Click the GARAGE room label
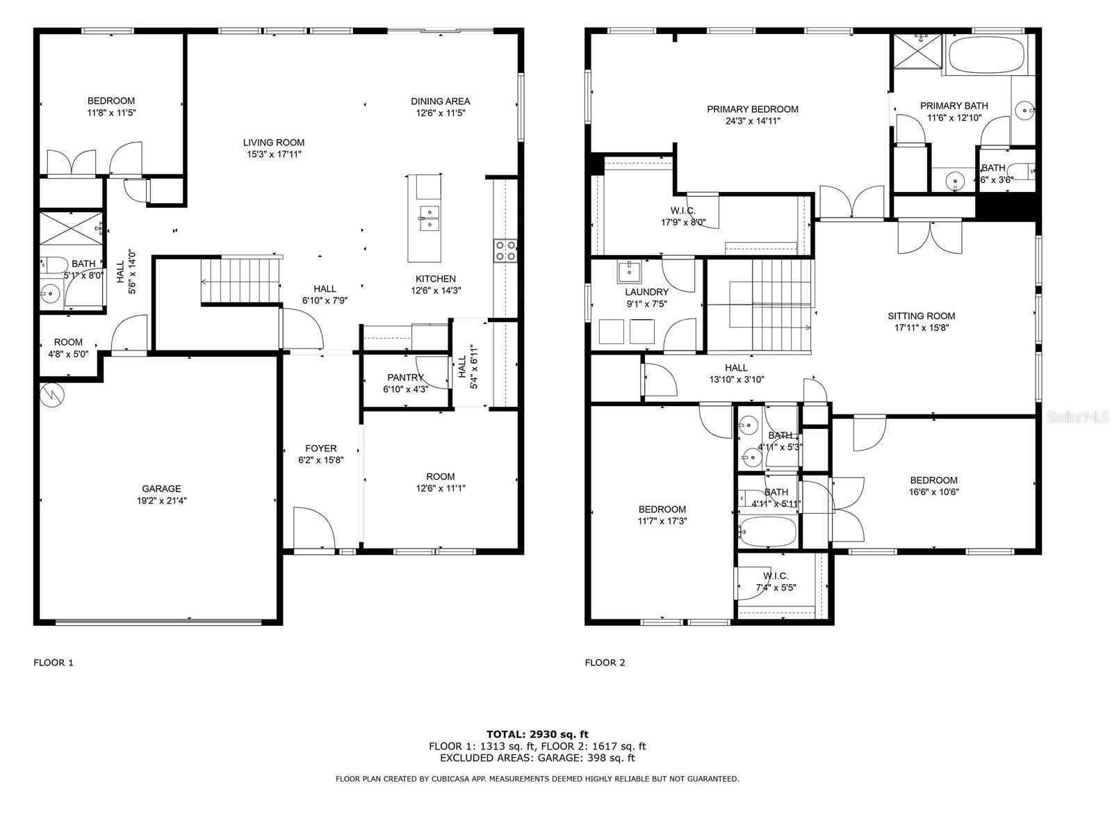pos(161,488)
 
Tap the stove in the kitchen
pos(505,251)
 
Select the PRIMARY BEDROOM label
pos(752,109)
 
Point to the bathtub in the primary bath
pos(985,55)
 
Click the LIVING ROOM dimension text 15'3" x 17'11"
pos(274,154)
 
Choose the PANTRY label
pos(405,378)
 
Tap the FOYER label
pos(320,448)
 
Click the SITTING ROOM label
pos(921,316)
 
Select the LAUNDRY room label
pos(646,292)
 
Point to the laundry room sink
pos(629,272)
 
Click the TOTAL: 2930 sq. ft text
pos(537,734)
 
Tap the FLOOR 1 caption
pos(54,662)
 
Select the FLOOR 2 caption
pos(605,662)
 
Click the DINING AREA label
pos(440,102)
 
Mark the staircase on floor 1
pos(240,280)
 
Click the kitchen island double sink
pos(429,218)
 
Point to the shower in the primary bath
pos(917,51)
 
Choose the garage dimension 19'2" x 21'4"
pos(161,501)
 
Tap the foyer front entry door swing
pos(314,528)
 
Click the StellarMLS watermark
pos(1077,416)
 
